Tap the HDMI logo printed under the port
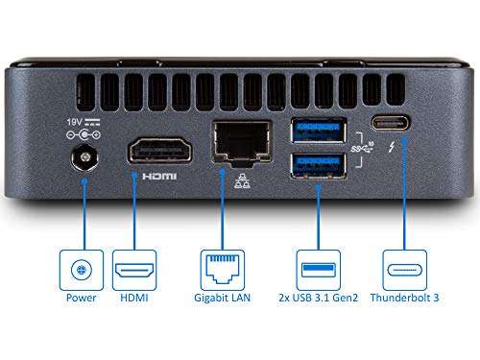158,178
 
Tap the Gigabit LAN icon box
226,270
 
